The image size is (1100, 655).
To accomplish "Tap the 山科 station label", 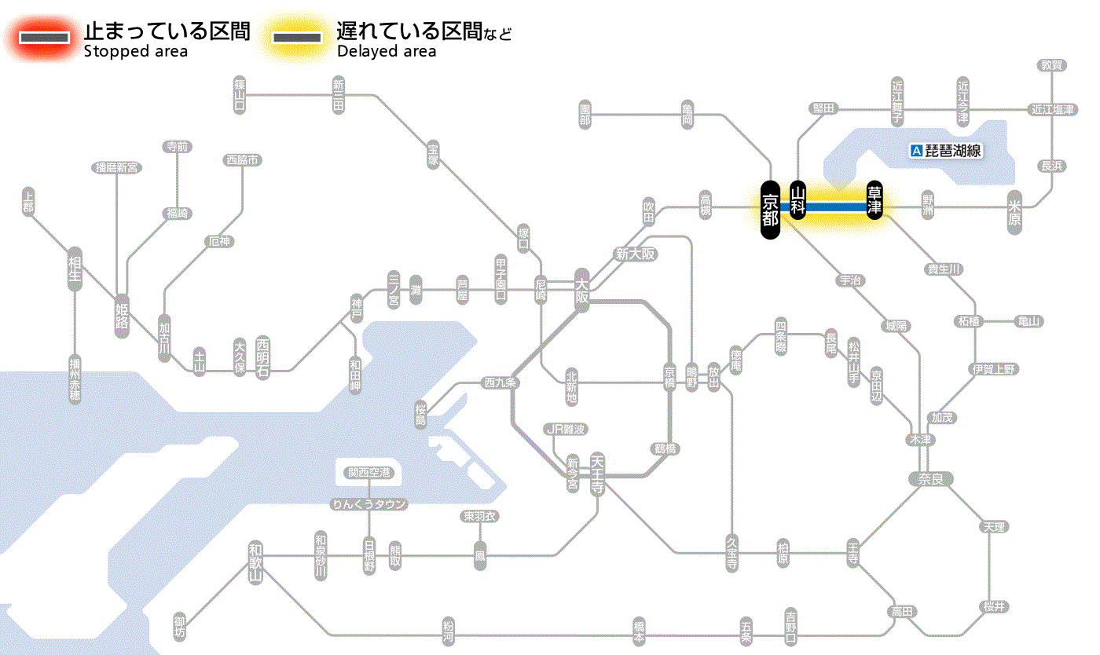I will pos(798,200).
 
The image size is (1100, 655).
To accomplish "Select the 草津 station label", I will pos(874,200).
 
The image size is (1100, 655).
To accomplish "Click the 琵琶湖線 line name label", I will pos(953,151).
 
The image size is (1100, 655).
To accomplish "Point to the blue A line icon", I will pos(915,151).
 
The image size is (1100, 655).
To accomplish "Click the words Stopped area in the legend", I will pos(136,52).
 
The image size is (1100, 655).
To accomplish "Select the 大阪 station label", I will pos(581,291).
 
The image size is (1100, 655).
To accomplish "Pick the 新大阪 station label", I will pos(635,254).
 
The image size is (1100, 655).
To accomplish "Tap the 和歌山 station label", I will pos(255,561).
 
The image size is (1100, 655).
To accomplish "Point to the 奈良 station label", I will pos(930,478).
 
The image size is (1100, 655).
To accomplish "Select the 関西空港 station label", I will pos(368,473).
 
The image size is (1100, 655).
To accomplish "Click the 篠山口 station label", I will pos(240,95).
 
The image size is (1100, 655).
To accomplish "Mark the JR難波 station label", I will pos(566,429).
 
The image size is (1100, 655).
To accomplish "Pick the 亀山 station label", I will pos(1029,321).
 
